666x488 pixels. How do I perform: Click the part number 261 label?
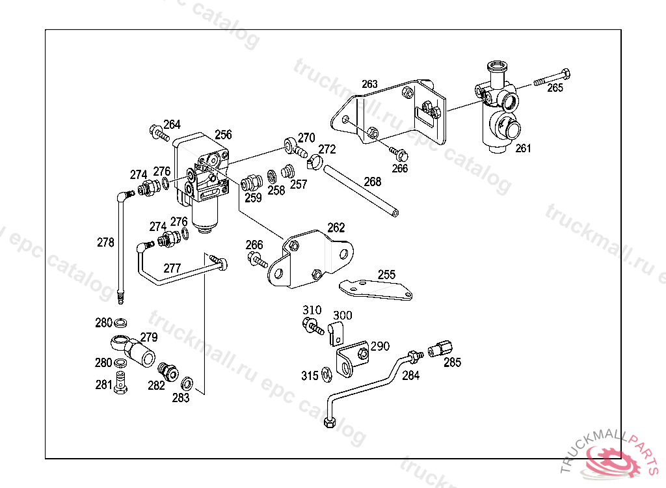[x=524, y=148]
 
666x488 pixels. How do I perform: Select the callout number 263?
[x=369, y=84]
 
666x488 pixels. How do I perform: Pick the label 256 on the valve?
[x=223, y=135]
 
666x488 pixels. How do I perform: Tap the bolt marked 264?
[x=157, y=133]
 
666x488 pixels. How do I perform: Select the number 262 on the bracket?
[x=336, y=228]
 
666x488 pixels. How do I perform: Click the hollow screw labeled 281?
[x=120, y=383]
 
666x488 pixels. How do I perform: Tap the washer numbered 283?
[x=187, y=381]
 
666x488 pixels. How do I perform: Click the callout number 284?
[x=410, y=375]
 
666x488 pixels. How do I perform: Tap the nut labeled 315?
[x=328, y=373]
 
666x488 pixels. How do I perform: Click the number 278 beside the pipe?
[x=105, y=243]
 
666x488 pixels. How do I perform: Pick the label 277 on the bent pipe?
[x=172, y=267]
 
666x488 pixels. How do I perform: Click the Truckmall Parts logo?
[x=618, y=458]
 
